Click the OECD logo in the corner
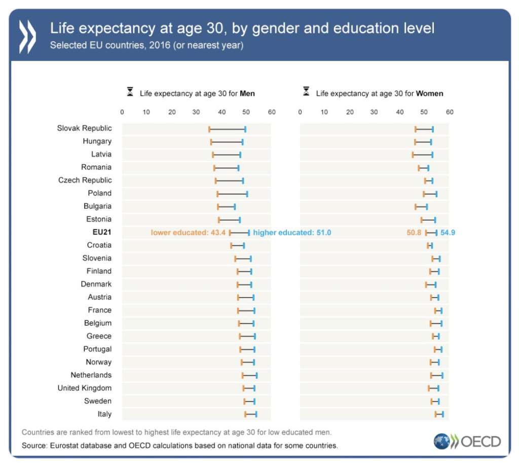click(x=467, y=441)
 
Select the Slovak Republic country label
click(x=84, y=128)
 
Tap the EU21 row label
click(x=101, y=232)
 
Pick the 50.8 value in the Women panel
click(x=414, y=232)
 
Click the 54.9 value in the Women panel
click(x=448, y=232)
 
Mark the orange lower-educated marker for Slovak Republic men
click(x=209, y=129)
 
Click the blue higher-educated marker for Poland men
click(x=247, y=194)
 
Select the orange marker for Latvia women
click(x=413, y=155)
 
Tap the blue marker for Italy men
click(x=256, y=414)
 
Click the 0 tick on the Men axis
click(x=122, y=112)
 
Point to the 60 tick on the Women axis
click(x=449, y=112)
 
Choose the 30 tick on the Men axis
click(x=197, y=112)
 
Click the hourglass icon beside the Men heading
click(x=130, y=93)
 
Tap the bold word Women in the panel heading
click(x=429, y=93)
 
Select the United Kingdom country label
click(x=85, y=388)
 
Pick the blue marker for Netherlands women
click(x=442, y=375)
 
